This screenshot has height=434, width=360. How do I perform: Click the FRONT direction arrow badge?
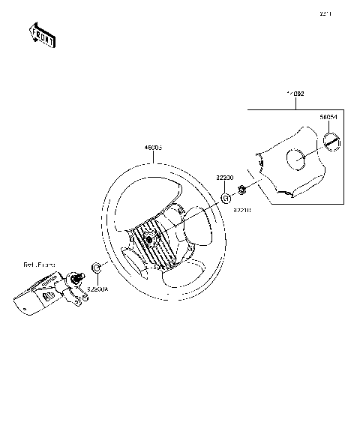(40, 35)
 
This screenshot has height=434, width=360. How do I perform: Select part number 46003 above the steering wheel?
(154, 148)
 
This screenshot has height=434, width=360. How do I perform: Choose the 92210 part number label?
(241, 211)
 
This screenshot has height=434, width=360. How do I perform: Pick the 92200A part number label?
(97, 287)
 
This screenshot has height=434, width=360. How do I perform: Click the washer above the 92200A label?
(96, 268)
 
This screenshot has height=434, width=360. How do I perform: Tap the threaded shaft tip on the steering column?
(76, 280)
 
